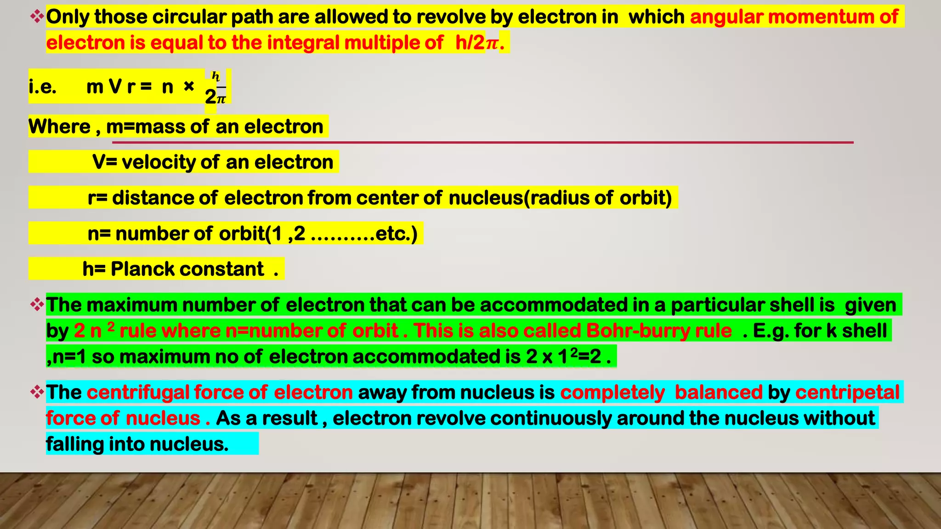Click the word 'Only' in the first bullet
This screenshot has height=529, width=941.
[68, 17]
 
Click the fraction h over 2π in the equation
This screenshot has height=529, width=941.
[216, 88]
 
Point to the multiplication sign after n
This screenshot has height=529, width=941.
[189, 86]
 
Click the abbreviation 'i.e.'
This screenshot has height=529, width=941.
[42, 86]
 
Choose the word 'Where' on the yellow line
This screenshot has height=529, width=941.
[59, 126]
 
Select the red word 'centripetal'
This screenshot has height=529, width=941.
[847, 393]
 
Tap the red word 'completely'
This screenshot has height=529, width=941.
[612, 393]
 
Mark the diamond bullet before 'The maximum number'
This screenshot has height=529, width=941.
[37, 304]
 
